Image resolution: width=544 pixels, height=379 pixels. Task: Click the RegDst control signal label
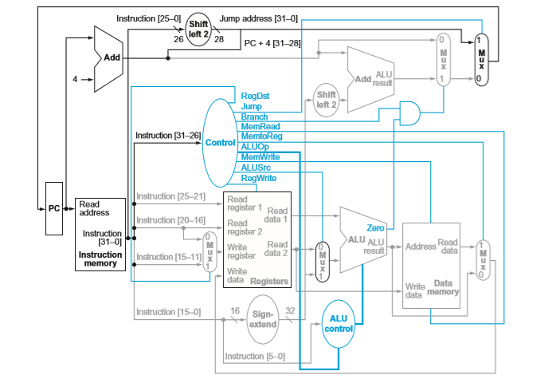coord(255,96)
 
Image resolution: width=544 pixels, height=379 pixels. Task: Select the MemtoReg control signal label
coord(258,136)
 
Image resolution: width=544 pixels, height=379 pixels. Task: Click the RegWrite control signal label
coord(257,178)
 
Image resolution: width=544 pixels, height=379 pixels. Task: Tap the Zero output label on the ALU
coord(376,228)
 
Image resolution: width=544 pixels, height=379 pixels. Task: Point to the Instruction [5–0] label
coord(254,356)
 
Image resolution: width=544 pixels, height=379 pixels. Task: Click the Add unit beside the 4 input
coord(108,57)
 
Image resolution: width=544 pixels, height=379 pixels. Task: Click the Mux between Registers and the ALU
coord(322,260)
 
